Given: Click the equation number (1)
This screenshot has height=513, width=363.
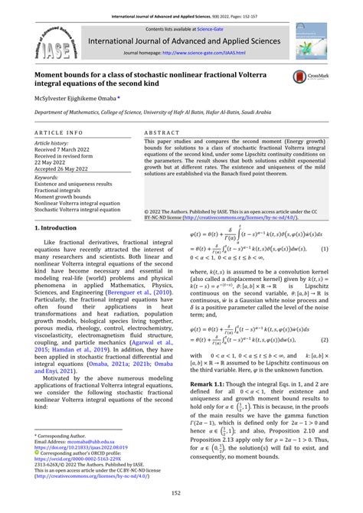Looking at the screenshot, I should click(324, 271).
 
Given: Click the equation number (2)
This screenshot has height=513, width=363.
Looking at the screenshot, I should click(324, 360).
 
